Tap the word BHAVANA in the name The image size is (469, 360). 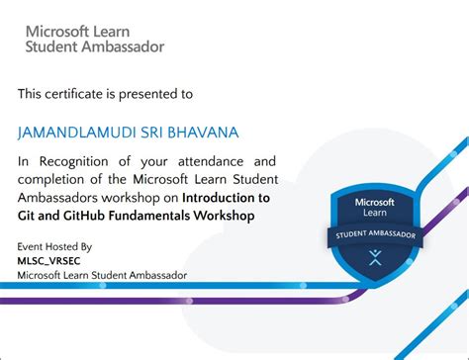tap(203, 133)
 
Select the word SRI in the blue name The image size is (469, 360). tap(151, 133)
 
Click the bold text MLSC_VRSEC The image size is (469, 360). tap(48, 261)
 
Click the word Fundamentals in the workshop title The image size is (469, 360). tap(149, 216)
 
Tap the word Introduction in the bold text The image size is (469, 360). tap(219, 198)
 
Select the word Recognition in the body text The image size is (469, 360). tap(74, 162)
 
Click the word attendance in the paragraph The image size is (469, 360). tap(211, 161)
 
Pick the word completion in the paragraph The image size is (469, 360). tap(51, 180)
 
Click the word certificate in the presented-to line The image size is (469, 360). tap(74, 94)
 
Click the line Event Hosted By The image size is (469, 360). tap(54, 246)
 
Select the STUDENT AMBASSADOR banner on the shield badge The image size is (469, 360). tap(375, 234)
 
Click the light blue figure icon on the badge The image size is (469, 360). tap(375, 257)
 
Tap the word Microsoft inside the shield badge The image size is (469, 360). tap(375, 202)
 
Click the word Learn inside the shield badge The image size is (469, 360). tap(375, 213)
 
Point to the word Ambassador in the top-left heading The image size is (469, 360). tap(123, 46)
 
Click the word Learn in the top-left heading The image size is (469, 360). tap(112, 32)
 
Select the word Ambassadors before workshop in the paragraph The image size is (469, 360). tap(57, 198)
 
